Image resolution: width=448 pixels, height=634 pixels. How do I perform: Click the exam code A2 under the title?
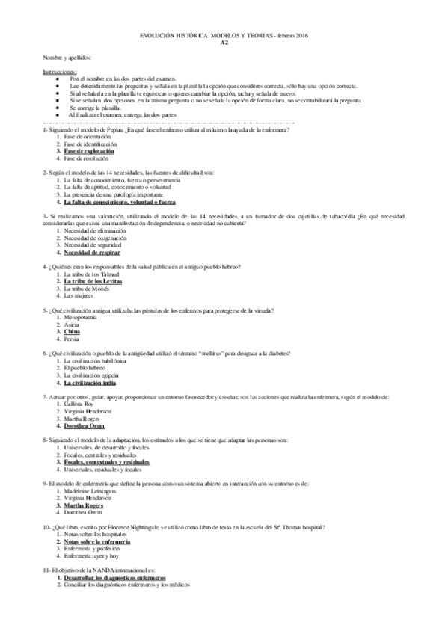coord(224,43)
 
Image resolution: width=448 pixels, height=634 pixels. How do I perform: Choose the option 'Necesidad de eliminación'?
coord(95,231)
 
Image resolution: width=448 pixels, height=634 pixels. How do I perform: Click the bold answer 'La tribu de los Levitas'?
coord(93,280)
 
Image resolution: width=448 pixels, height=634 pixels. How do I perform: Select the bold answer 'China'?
coord(73,331)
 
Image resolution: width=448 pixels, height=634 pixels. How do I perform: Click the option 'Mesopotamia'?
coord(81,317)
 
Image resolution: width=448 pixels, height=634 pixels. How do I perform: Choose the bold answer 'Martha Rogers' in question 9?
coord(84,505)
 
